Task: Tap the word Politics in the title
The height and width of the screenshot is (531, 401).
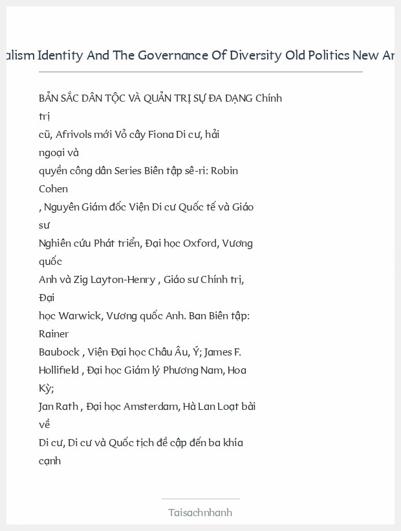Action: point(327,55)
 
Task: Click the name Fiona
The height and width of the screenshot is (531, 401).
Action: point(160,135)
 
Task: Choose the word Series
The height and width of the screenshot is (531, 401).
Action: point(129,171)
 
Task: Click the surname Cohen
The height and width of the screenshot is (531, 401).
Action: point(53,189)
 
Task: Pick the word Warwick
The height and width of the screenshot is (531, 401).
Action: point(80,316)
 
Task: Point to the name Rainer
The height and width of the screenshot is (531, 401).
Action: point(54,334)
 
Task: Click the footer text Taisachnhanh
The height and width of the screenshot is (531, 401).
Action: point(200,512)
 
